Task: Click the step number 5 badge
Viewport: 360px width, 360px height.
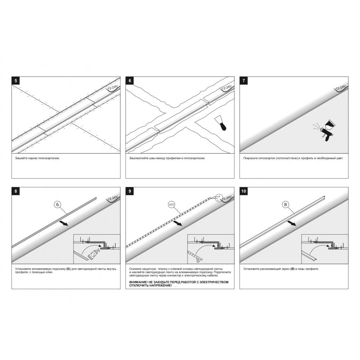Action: point(15,81)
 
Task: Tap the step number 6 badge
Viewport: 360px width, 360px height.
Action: point(130,81)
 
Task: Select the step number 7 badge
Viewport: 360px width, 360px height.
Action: point(244,81)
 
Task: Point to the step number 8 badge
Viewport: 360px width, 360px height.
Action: point(15,191)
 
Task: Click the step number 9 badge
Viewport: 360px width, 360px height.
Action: point(130,191)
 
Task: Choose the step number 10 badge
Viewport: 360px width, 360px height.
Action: point(244,191)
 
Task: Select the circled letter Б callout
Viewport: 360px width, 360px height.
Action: point(57,204)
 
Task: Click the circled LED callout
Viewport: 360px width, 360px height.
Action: point(171,204)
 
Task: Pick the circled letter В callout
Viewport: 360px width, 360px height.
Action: point(285,204)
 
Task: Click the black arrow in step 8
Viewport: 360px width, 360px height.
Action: point(63,224)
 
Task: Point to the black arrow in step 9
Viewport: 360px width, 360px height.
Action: point(177,224)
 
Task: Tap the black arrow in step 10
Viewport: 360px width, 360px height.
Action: point(291,224)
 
